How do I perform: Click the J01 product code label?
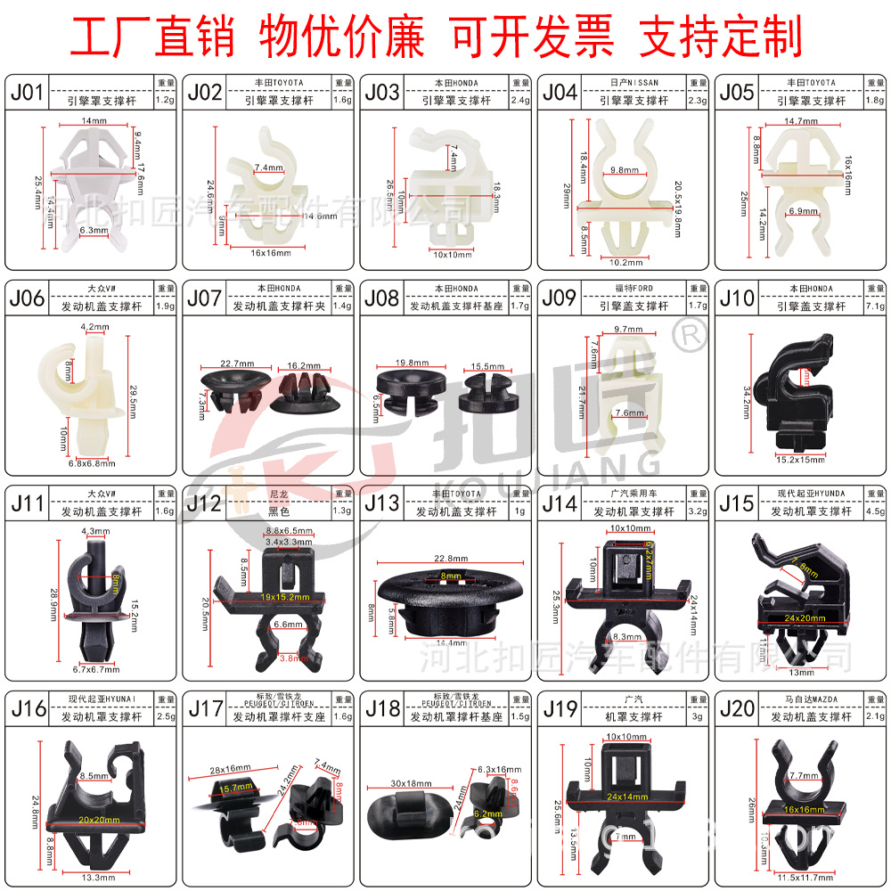(x=27, y=92)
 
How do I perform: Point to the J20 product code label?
(x=738, y=709)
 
